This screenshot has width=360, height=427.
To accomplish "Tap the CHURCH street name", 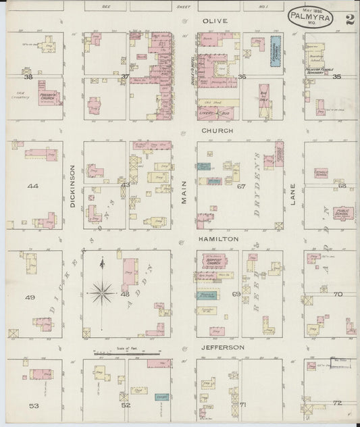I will [x=217, y=130].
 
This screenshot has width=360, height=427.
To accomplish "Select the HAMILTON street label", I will [x=218, y=239].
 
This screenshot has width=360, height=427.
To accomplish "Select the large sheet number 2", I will [x=349, y=19].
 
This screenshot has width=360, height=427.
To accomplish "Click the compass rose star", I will [x=101, y=292].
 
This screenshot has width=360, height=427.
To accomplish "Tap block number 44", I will [x=32, y=184].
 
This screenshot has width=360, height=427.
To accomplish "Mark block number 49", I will [x=30, y=297].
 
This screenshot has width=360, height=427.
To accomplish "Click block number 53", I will [x=34, y=405].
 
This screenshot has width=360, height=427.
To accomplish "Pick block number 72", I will [x=337, y=403].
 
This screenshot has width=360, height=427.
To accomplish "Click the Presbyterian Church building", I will [x=49, y=96].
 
